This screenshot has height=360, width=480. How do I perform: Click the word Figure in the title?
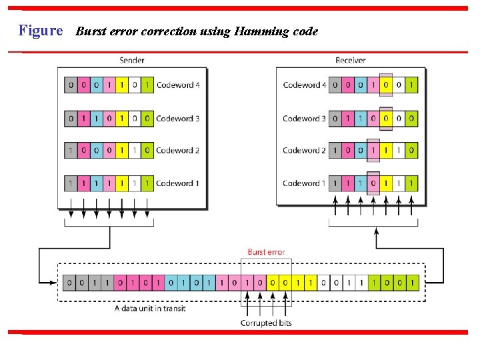pyautogui.click(x=41, y=31)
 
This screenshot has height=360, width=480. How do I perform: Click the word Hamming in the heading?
pyautogui.click(x=257, y=31)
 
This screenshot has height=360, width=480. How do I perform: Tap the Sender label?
pyautogui.click(x=131, y=60)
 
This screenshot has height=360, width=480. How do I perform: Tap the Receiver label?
pyautogui.click(x=350, y=60)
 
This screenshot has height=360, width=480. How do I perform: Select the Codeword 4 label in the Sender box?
pyautogui.click(x=177, y=85)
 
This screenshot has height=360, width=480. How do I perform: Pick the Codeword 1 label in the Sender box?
pyautogui.click(x=177, y=183)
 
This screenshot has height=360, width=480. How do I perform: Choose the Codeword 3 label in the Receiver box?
pyautogui.click(x=305, y=119)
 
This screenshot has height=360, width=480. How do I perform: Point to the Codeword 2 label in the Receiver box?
pyautogui.click(x=305, y=151)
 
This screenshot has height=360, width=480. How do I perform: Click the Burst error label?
pyautogui.click(x=266, y=252)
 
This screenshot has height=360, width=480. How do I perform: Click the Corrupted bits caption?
pyautogui.click(x=266, y=323)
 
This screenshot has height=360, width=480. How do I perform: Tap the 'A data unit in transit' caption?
pyautogui.click(x=150, y=309)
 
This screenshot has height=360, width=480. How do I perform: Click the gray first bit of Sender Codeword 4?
pyautogui.click(x=71, y=85)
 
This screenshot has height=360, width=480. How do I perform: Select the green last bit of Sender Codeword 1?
pyautogui.click(x=147, y=183)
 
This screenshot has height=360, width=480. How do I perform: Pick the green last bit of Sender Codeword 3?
pyautogui.click(x=147, y=119)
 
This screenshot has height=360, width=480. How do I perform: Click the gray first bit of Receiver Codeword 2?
pyautogui.click(x=335, y=151)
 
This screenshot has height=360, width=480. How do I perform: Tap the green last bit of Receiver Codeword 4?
pyautogui.click(x=411, y=85)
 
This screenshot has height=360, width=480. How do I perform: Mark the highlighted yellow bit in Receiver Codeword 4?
pyautogui.click(x=386, y=85)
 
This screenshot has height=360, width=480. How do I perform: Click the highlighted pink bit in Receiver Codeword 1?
pyautogui.click(x=373, y=183)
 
